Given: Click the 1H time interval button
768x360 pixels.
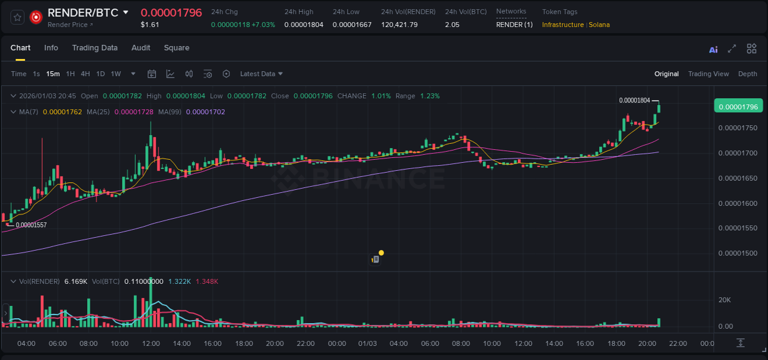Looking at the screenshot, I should (x=70, y=74).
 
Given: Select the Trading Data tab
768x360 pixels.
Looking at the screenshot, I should (x=95, y=48).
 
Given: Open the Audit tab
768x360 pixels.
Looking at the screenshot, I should (x=141, y=48).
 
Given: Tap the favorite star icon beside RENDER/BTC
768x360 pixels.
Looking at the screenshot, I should (x=18, y=17).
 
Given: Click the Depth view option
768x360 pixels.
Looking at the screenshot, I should (x=747, y=74).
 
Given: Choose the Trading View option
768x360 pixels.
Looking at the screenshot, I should (x=708, y=74).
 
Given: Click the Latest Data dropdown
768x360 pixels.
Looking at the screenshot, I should (x=261, y=74).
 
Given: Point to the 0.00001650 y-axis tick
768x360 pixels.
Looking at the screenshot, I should (x=737, y=178).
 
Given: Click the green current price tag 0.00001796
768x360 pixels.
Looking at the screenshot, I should (x=738, y=106).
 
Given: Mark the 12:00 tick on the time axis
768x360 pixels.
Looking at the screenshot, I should (x=151, y=343).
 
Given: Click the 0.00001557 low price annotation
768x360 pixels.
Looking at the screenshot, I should (x=31, y=225).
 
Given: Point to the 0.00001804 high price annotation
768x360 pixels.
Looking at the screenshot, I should (x=634, y=100).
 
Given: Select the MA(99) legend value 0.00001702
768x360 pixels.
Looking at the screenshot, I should (x=205, y=112).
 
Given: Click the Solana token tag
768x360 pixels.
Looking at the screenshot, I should (x=599, y=25).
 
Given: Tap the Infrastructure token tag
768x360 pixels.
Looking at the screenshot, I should (x=562, y=25).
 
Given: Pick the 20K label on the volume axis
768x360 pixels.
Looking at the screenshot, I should (x=724, y=300).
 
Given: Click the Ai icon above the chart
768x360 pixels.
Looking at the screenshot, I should (x=713, y=50).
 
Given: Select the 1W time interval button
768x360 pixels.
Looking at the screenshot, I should (x=116, y=74).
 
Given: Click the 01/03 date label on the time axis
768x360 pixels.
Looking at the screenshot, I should (x=367, y=343).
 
